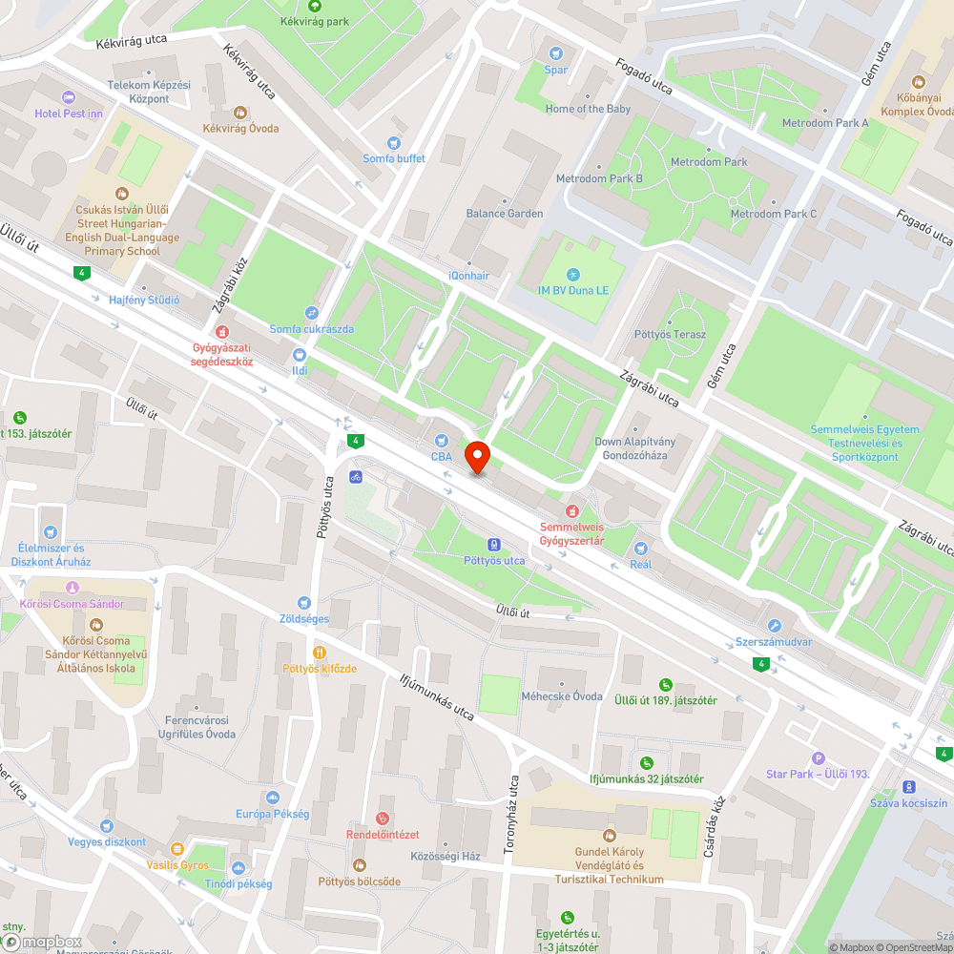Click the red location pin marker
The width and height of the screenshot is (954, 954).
tap(477, 457)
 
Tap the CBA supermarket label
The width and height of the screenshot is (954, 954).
tap(442, 457)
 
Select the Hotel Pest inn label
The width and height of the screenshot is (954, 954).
tap(69, 114)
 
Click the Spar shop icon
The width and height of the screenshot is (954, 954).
tap(555, 53)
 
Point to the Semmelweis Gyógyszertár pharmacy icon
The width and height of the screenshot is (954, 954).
tap(572, 511)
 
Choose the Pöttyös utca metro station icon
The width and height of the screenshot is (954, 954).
tap(494, 545)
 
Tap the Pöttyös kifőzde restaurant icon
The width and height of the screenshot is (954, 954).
tap(319, 653)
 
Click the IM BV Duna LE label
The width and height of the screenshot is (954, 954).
tap(572, 290)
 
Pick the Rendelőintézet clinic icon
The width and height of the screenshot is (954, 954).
tap(382, 819)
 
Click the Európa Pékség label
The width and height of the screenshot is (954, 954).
tap(273, 814)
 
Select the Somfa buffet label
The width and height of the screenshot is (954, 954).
tap(394, 158)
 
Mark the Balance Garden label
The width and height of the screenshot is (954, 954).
tap(505, 214)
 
